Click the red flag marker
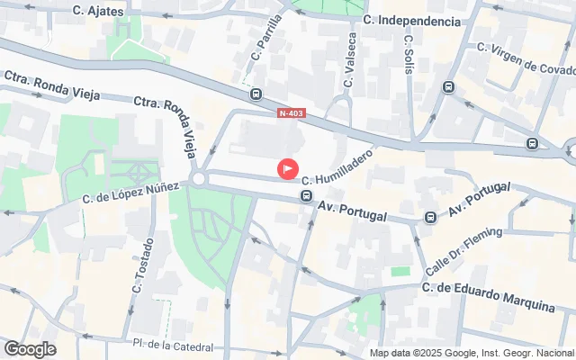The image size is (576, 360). pos(288,168)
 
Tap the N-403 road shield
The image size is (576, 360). pos(292,112)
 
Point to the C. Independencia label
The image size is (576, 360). pos(412,20)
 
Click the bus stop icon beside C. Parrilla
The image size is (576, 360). pos(256,94)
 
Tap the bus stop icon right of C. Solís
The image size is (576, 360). pos(449,87)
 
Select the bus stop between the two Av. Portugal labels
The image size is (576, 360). pos(430,217)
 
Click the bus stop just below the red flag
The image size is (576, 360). pos(306,195)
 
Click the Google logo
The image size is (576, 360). pos(30,349)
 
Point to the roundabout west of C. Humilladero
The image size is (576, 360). pos(199,178)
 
